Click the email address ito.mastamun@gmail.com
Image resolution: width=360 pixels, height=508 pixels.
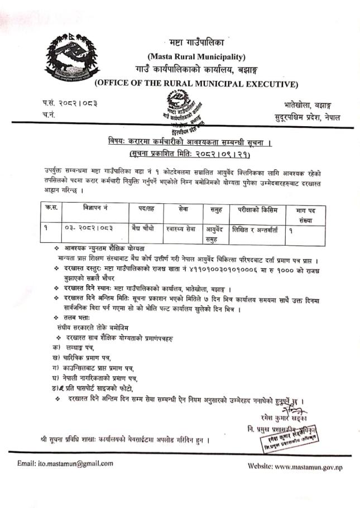point(65,463)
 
